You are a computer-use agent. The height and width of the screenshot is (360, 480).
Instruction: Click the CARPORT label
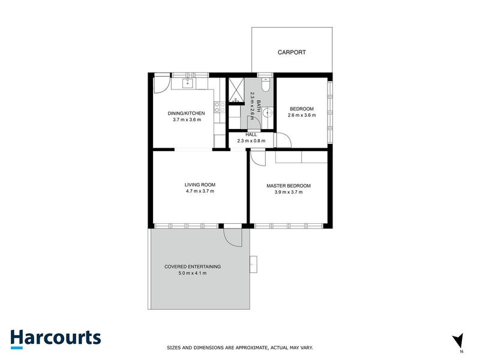coord(292,53)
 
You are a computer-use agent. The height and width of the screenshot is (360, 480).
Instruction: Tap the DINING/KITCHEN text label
coord(186,113)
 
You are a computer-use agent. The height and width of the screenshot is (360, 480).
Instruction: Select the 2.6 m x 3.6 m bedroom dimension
coord(301,115)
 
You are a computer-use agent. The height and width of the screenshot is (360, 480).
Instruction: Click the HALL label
coord(251,134)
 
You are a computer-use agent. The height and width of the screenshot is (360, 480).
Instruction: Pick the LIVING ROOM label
coord(200,184)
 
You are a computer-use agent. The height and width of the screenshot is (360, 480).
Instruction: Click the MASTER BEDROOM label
coord(289,185)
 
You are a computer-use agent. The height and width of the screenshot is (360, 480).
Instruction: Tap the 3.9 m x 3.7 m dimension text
coord(289,192)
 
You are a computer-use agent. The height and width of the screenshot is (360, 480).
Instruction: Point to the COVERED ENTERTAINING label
coord(193,266)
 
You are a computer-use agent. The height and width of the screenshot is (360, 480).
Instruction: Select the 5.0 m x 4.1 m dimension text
coord(193,273)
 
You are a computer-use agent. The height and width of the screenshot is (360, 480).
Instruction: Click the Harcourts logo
coord(55,338)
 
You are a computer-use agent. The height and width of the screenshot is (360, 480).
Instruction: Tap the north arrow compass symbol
coord(458,340)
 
